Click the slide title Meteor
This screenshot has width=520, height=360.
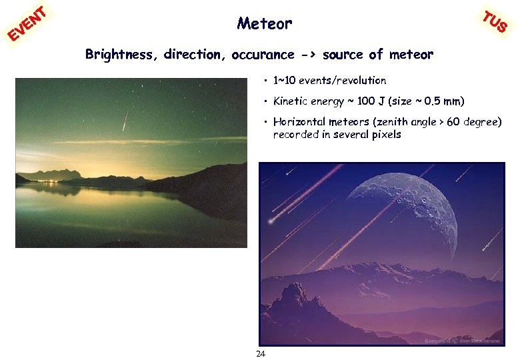tap(264, 24)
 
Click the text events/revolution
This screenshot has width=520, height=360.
tap(342, 81)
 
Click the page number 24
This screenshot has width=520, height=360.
tap(261, 353)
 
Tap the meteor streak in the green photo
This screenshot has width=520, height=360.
tap(124, 121)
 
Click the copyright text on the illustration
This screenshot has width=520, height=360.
tap(461, 341)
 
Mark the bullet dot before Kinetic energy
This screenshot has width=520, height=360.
tap(265, 102)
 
